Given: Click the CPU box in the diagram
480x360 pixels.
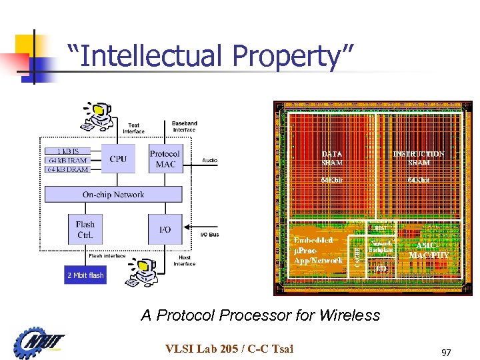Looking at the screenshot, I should coord(117,159).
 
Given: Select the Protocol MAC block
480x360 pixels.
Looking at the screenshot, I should coord(165,159).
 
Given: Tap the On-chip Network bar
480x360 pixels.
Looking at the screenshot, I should coord(113,195).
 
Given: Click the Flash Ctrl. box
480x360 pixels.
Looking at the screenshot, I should coord(85,229).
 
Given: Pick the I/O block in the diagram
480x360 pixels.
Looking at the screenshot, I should coord(165,229).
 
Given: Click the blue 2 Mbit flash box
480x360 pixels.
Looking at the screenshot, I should coord(85,275).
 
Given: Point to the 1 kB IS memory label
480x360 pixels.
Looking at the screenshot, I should coord(67,151).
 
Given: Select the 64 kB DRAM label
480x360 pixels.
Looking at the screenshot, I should coord(67,169).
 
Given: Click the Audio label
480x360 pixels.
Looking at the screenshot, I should coord(210,161).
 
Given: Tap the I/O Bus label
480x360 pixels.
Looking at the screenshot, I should coord(209,235).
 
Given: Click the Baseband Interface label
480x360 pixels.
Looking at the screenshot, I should coord(185,127).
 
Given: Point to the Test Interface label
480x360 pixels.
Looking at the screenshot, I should coord(133,128).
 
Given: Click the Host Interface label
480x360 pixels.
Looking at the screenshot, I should coord(185,261).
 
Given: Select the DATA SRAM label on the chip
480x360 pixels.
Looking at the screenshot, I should coord(332,157).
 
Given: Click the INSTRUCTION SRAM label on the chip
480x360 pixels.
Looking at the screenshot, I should coord(418,157).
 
